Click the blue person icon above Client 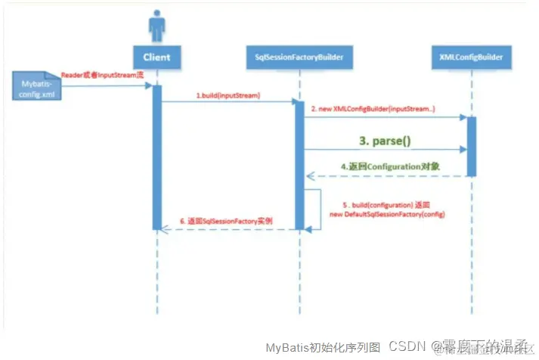(157, 27)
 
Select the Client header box (156, 56)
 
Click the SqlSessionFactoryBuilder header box (299, 57)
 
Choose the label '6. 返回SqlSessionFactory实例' (226, 221)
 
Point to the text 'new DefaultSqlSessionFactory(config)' (387, 215)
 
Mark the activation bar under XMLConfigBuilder (471, 146)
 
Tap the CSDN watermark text (407, 346)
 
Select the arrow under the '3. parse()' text (385, 150)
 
